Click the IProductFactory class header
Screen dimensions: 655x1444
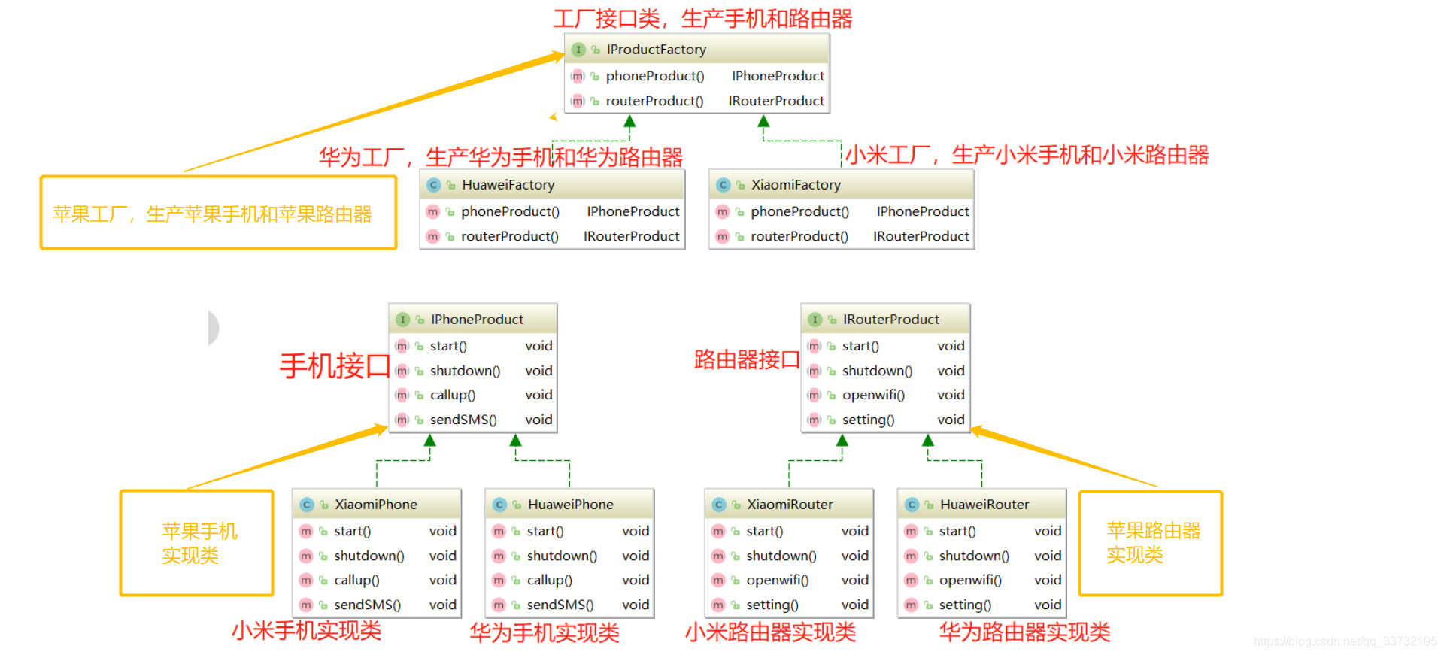656,50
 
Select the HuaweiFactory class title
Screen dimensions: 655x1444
508,185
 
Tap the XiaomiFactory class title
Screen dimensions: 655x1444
796,185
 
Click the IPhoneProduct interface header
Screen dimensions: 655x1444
477,320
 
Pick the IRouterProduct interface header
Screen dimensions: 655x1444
890,320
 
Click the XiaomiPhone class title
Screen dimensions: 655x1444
375,505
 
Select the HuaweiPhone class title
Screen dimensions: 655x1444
570,505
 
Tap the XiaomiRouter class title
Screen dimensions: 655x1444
790,505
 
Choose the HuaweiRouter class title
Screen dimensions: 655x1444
984,505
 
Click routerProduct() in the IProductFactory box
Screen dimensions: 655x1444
654,101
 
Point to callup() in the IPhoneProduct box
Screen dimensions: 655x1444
452,395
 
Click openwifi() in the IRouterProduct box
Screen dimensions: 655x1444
873,395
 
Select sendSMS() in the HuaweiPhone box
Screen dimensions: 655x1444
560,605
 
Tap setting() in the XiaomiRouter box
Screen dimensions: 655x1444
772,605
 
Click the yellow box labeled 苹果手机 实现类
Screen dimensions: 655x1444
197,543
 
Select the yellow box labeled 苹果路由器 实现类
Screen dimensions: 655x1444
1151,543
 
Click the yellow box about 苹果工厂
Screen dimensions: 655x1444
218,213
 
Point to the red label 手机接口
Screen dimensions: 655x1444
335,366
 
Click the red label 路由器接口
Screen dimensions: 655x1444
746,360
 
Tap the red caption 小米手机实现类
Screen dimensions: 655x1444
306,630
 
